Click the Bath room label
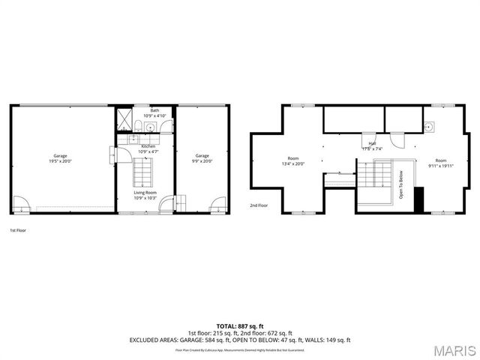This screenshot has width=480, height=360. [145, 110]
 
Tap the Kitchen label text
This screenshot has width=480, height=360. [148, 146]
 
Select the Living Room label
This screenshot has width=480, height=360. [145, 193]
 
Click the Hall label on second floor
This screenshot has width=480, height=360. [371, 144]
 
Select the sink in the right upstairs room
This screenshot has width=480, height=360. [428, 126]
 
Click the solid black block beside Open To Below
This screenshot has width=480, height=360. [418, 199]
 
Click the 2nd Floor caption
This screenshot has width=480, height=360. [258, 204]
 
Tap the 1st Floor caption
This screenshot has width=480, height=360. [18, 230]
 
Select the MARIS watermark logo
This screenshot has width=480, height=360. [453, 349]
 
